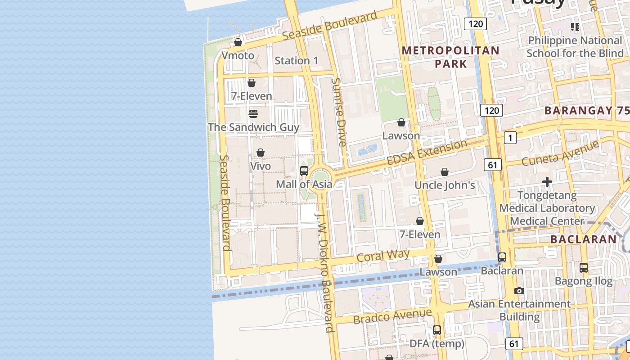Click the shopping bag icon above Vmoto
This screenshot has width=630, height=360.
pos(238,42)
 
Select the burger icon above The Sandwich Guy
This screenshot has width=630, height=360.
pos(253,113)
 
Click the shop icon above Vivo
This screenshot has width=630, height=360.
pos(260,153)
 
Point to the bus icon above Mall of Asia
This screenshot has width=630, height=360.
pos(304,171)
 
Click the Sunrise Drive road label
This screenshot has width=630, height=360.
pos(338,112)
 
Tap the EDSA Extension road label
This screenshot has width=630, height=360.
pos(427,153)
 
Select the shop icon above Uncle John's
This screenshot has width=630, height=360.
pos(445,172)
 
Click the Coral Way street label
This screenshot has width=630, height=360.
pos(383,256)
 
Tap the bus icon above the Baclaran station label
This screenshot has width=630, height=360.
pos(502,257)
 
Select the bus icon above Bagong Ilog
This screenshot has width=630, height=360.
pos(584,268)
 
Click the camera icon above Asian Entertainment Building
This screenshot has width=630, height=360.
pos(519,291)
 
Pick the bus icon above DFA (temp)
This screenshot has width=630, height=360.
pos(437,330)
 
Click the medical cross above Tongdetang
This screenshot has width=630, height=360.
pos(547,182)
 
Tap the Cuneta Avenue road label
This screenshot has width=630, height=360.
pos(560,153)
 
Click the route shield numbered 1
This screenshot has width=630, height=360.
pos(510,138)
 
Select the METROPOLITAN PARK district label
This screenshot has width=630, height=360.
pos(451,57)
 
